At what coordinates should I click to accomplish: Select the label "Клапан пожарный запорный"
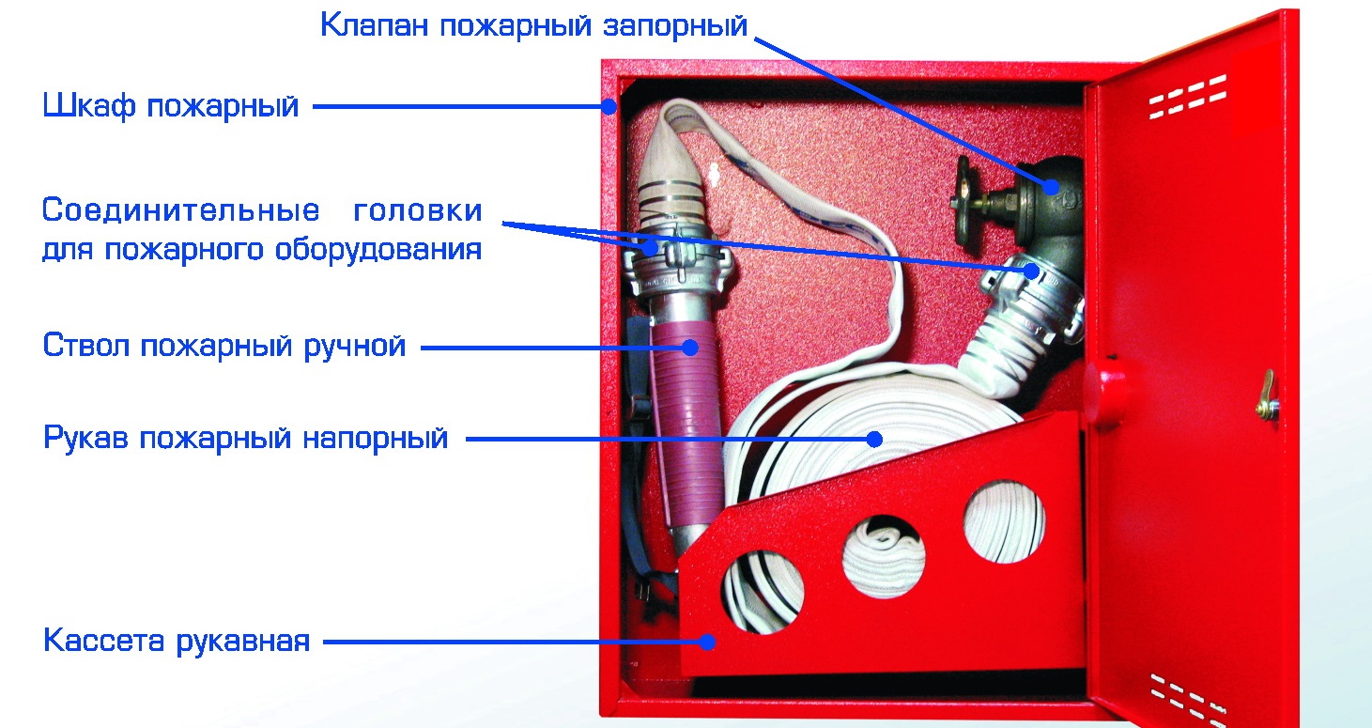[x=533, y=25]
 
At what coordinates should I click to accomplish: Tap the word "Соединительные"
[x=180, y=210]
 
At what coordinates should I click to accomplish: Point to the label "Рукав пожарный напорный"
[x=245, y=439]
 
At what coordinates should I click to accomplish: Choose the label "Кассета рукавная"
[x=177, y=642]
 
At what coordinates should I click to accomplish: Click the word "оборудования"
[x=378, y=250]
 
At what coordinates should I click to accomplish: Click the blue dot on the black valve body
[x=1051, y=186]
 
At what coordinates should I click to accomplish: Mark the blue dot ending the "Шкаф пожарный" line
[x=609, y=107]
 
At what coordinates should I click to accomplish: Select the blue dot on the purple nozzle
[x=690, y=348]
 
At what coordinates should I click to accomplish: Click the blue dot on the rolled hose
[x=874, y=439]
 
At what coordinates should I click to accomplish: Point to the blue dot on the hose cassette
[x=707, y=643]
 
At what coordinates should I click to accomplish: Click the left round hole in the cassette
[x=763, y=593]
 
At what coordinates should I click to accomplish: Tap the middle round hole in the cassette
[x=884, y=556]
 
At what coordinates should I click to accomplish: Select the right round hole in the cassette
[x=1005, y=521]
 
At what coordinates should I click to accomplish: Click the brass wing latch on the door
[x=1268, y=397]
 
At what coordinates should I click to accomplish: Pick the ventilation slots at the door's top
[x=1188, y=96]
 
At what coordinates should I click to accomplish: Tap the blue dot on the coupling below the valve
[x=1031, y=271]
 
